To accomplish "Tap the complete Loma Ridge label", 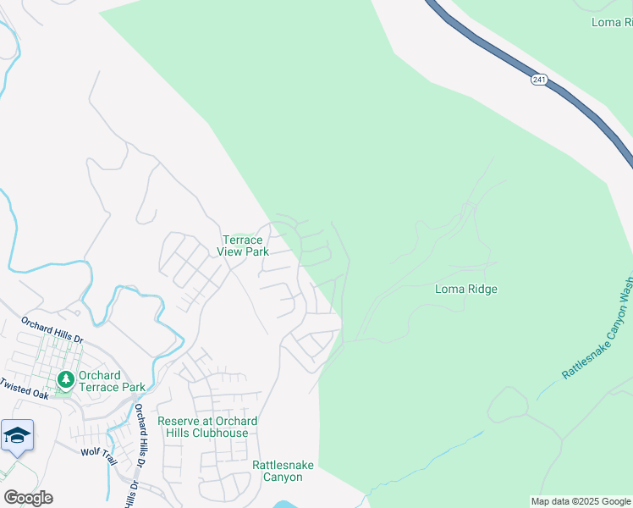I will click(465, 289).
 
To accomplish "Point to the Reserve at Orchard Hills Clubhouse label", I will click(207, 427).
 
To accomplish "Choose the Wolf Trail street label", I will click(98, 452).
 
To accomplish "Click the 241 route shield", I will click(539, 79).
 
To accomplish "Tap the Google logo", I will click(28, 497).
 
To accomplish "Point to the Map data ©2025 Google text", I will click(580, 501).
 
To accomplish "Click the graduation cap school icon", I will click(17, 435).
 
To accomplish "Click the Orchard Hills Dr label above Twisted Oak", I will click(52, 330).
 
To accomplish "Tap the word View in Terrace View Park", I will click(230, 251).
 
